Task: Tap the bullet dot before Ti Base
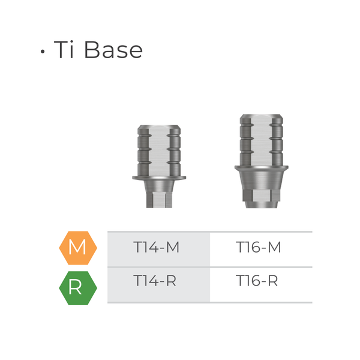(43, 52)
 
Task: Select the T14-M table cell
(158, 247)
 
